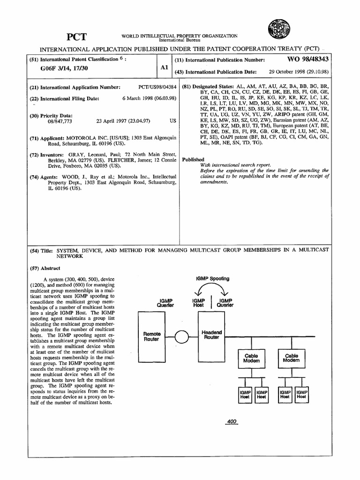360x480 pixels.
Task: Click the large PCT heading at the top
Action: click(77, 37)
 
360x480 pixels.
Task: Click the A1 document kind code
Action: click(164, 67)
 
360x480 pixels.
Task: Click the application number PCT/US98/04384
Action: click(157, 87)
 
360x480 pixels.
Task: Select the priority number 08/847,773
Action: click(54, 120)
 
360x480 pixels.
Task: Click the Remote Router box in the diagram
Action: click(151, 336)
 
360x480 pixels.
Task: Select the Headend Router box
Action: click(211, 336)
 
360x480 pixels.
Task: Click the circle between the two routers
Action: click(181, 337)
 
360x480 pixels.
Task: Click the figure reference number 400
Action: click(231, 421)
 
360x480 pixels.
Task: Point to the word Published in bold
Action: click(193, 159)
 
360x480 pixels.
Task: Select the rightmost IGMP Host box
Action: click(301, 394)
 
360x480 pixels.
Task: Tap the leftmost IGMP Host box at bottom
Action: click(245, 394)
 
